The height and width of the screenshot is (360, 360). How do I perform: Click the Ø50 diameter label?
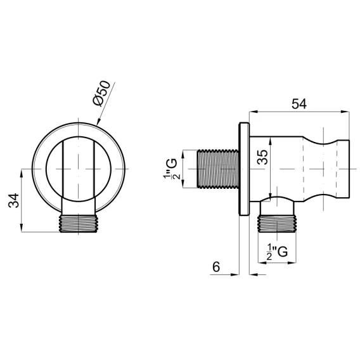(x=101, y=93)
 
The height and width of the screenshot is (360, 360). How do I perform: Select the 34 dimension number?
(x=14, y=200)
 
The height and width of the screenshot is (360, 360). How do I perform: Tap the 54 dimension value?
(x=299, y=104)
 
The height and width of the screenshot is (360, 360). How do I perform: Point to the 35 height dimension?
(x=262, y=157)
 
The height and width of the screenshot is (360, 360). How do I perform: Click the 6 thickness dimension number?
(x=216, y=267)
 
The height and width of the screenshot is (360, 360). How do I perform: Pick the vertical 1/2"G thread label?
(x=171, y=169)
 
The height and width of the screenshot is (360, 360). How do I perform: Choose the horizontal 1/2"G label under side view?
(x=277, y=252)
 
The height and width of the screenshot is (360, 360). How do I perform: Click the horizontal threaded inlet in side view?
(x=218, y=169)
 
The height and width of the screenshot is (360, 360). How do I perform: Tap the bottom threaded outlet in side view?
(x=277, y=224)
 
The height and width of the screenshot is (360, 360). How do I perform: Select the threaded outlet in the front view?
(x=79, y=224)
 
